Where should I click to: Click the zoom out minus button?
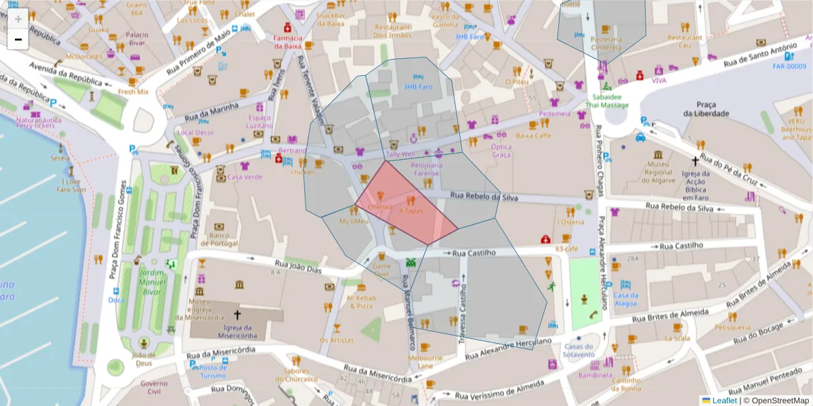point(18,39)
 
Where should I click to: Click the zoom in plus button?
point(18,18)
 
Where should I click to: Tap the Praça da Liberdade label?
point(706,108)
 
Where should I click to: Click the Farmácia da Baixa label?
point(287,42)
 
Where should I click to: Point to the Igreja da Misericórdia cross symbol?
point(237,315)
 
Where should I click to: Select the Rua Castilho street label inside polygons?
point(474,252)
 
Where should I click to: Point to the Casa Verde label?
point(245,177)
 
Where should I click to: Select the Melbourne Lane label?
point(430,361)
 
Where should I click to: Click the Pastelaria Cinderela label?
point(606,43)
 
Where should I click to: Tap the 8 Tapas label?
point(411,211)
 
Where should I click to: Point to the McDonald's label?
point(85,56)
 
